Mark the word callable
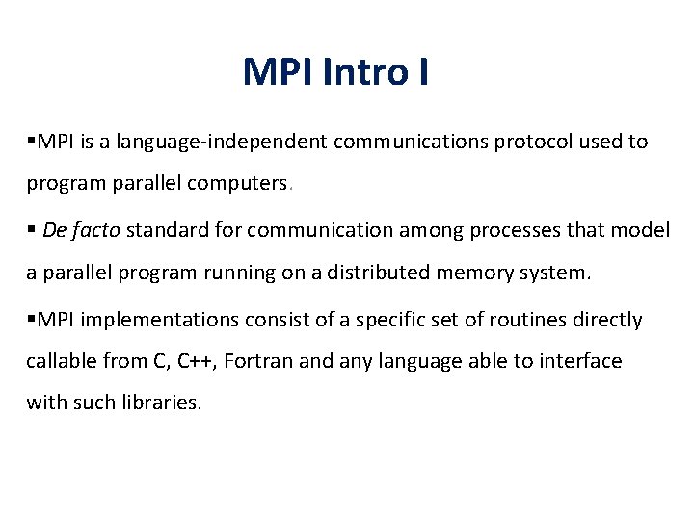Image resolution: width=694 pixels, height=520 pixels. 61,361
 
